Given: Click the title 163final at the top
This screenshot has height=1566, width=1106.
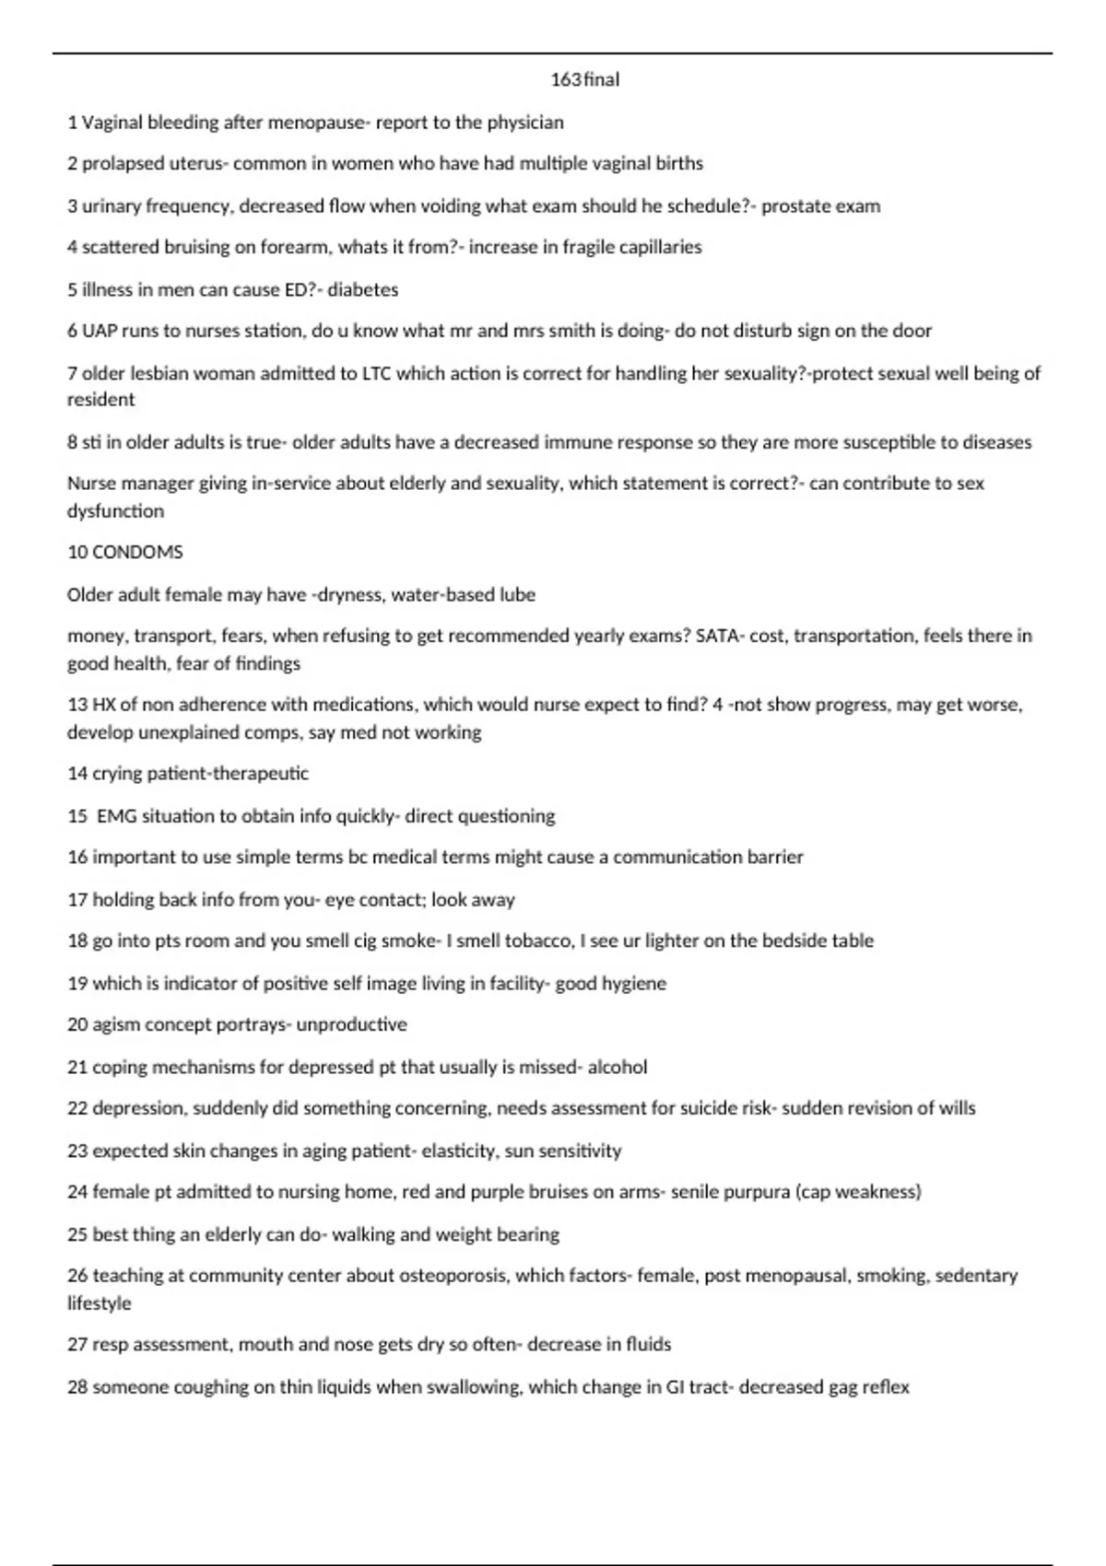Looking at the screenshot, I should click(584, 80).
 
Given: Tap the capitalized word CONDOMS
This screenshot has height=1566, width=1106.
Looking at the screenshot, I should click(137, 552).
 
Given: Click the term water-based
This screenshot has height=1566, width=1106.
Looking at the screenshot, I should click(445, 595).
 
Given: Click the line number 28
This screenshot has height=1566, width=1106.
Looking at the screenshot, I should click(77, 1387).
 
